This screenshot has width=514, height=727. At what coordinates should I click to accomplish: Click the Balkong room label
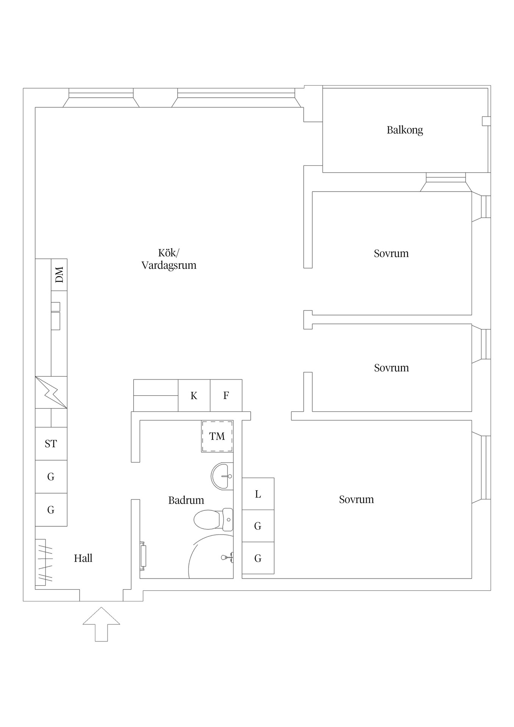(x=405, y=130)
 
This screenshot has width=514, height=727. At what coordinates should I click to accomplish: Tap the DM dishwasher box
(x=59, y=275)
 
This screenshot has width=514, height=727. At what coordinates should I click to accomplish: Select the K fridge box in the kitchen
(x=194, y=396)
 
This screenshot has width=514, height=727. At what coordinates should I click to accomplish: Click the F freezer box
(x=226, y=396)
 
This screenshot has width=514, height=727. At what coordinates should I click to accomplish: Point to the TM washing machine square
(x=217, y=436)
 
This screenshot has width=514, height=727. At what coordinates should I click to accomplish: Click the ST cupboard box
(x=51, y=444)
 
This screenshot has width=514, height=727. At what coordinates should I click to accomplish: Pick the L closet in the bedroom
(x=258, y=494)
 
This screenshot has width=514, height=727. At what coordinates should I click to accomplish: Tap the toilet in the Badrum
(x=212, y=519)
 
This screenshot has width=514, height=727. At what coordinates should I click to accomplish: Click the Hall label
(x=83, y=558)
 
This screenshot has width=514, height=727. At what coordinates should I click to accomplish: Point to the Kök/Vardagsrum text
(x=169, y=259)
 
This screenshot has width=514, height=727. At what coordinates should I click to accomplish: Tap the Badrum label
(x=186, y=500)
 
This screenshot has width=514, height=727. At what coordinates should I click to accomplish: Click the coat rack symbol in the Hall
(x=44, y=562)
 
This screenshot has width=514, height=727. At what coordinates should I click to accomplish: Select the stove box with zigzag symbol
(x=51, y=392)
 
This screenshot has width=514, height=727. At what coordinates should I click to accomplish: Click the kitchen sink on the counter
(x=55, y=316)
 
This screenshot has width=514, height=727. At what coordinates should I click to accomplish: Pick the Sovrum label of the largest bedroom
(x=356, y=499)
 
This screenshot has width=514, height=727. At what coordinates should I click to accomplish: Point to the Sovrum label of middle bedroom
(x=391, y=368)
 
